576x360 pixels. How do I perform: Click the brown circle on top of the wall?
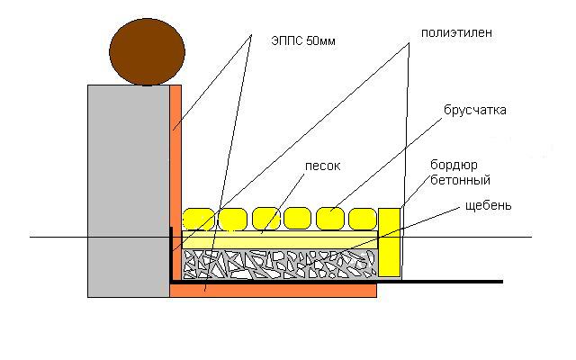(147, 52)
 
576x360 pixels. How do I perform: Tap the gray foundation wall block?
(129, 191)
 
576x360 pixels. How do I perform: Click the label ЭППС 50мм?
(303, 40)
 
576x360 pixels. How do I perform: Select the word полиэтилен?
(456, 32)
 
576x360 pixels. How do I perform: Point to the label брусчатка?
(475, 110)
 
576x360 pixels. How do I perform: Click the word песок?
(323, 166)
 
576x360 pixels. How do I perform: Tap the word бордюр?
(454, 165)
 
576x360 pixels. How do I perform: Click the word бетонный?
(460, 180)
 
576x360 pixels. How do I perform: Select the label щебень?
(488, 205)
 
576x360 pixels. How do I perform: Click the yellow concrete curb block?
(390, 242)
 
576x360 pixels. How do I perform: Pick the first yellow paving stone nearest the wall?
(198, 220)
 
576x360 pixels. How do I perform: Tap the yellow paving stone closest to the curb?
(363, 219)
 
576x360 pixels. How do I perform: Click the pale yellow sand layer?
(280, 240)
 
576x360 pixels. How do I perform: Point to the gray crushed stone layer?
(280, 264)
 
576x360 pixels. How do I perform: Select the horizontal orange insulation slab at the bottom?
(274, 290)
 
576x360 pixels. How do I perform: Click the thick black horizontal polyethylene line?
(336, 282)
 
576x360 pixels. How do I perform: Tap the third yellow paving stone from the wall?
(266, 219)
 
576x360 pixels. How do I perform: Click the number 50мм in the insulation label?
(320, 40)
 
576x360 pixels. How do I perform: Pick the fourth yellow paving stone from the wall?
(298, 218)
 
